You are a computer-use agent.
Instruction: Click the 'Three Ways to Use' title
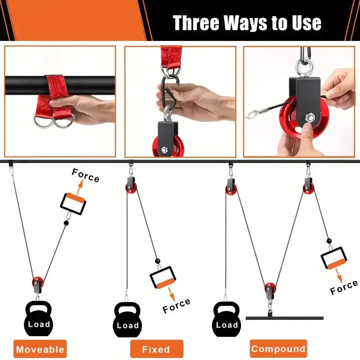point(247,22)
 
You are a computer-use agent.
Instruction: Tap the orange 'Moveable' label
point(40,349)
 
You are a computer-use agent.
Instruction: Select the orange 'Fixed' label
point(157,349)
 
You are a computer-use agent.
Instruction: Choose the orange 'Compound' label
point(278,348)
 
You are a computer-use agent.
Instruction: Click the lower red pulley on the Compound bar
point(269,288)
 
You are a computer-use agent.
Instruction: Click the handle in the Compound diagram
point(333,259)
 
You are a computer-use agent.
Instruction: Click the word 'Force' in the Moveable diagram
point(85,176)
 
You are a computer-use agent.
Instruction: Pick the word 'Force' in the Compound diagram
point(344,287)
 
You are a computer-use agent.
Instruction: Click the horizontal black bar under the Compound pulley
point(284,318)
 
